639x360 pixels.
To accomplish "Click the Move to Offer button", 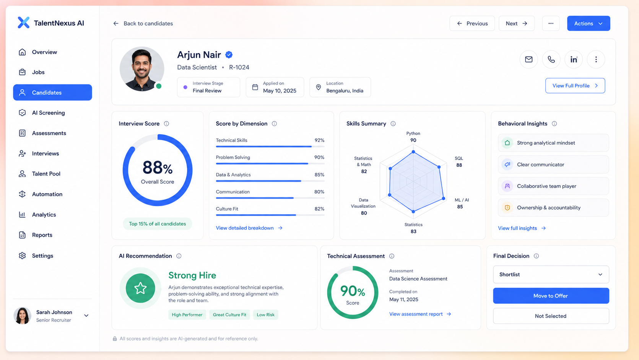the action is pyautogui.click(x=551, y=296).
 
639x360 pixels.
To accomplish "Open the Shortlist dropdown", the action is pyautogui.click(x=551, y=274).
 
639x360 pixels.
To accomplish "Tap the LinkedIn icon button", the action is pyautogui.click(x=574, y=59).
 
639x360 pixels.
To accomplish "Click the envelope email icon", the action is pyautogui.click(x=528, y=59).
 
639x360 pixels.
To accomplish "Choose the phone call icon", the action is pyautogui.click(x=551, y=59).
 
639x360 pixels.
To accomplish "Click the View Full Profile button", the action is pyautogui.click(x=575, y=86).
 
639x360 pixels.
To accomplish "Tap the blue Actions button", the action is pyautogui.click(x=589, y=23).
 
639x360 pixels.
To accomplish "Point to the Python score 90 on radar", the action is pyautogui.click(x=413, y=140).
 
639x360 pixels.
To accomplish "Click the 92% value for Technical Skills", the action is pyautogui.click(x=319, y=140).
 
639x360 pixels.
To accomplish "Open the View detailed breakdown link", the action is pyautogui.click(x=249, y=228).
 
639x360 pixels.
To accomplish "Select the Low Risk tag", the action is pyautogui.click(x=266, y=314).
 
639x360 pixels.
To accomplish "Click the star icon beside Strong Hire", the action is pyautogui.click(x=140, y=288).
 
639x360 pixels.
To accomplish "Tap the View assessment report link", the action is pyautogui.click(x=420, y=314).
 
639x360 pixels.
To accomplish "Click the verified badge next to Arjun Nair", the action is pyautogui.click(x=229, y=55).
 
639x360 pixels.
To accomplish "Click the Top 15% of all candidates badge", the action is pyautogui.click(x=158, y=224).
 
